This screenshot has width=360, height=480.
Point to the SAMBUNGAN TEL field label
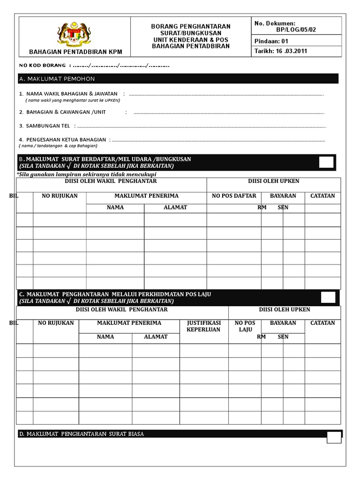click(45, 126)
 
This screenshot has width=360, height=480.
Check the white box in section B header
click(327, 162)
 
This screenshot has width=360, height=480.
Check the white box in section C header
click(328, 297)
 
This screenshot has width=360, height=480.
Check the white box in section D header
click(334, 437)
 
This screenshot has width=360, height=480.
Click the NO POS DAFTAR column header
click(234, 195)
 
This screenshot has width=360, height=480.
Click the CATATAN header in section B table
click(322, 195)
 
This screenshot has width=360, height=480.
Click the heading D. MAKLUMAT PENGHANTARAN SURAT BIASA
click(81, 434)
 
